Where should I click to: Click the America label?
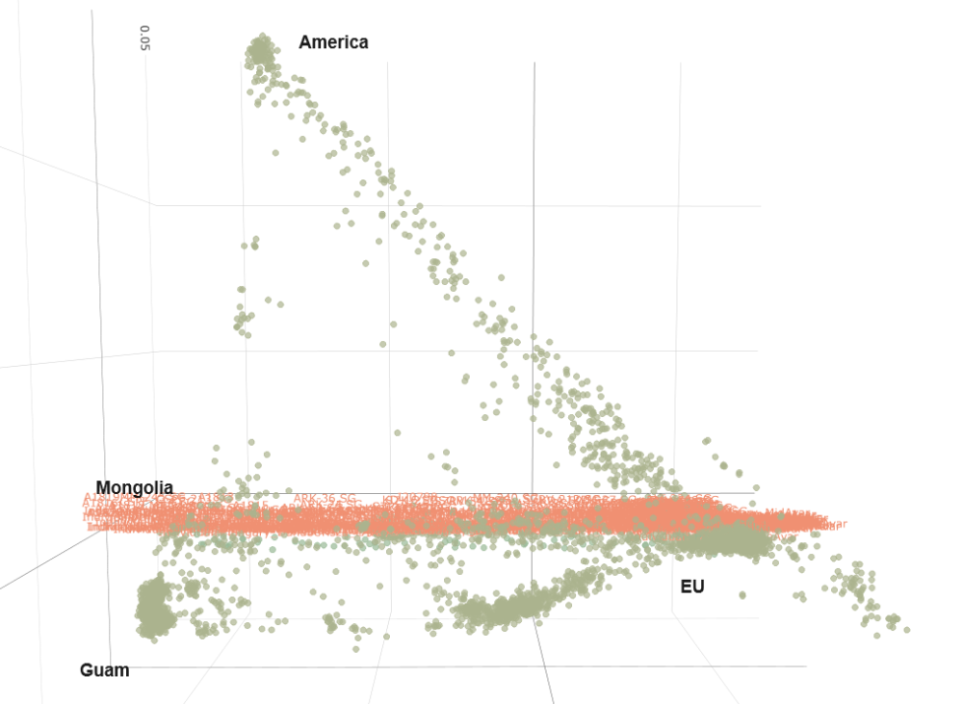333,42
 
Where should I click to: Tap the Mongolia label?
134,487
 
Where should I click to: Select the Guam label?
104,670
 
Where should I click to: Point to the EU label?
692,586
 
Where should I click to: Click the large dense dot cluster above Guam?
152,609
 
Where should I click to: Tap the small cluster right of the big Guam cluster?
192,587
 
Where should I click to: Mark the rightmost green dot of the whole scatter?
906,629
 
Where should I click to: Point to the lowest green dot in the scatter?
355,648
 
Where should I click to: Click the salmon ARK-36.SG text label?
325,499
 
